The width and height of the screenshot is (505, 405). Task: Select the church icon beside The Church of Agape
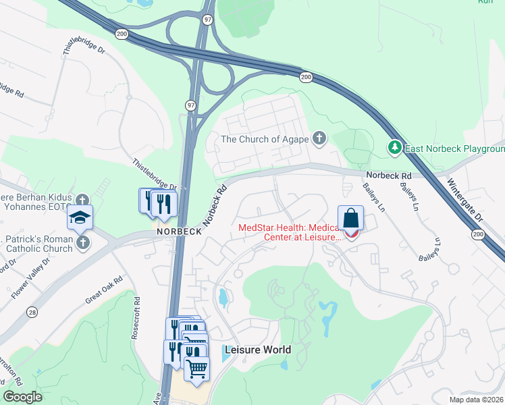click(x=319, y=139)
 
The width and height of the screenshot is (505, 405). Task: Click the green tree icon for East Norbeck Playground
click(x=394, y=146)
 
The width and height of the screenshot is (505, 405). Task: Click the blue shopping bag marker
click(x=351, y=219)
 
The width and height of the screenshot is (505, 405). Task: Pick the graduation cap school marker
click(x=80, y=218)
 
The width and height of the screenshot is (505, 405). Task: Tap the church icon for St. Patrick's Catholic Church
click(x=83, y=242)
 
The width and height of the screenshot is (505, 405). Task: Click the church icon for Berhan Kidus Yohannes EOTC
click(x=82, y=200)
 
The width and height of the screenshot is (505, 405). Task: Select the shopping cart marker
click(x=196, y=369)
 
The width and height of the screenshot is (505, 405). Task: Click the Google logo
click(x=22, y=397)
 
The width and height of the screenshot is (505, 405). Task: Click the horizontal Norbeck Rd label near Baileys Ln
click(x=390, y=174)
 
